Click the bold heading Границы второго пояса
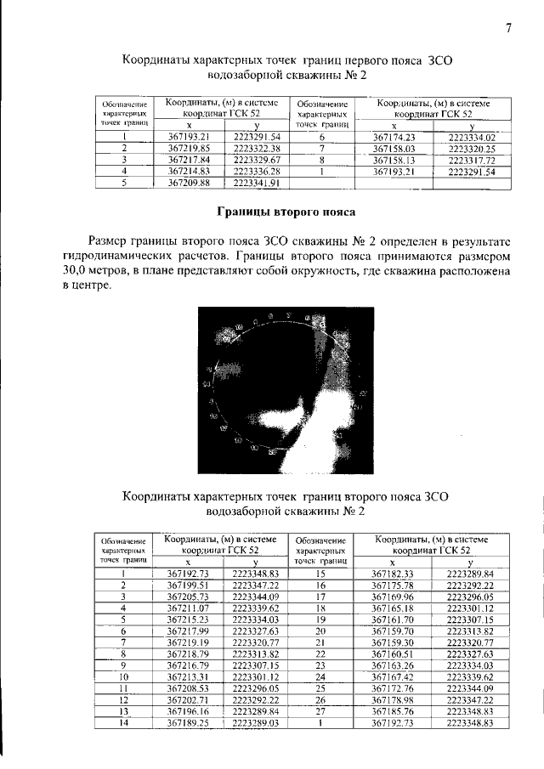pyautogui.click(x=285, y=211)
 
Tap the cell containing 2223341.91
pyautogui.click(x=257, y=182)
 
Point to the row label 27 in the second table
pyautogui.click(x=321, y=710)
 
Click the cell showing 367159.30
pyautogui.click(x=393, y=642)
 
